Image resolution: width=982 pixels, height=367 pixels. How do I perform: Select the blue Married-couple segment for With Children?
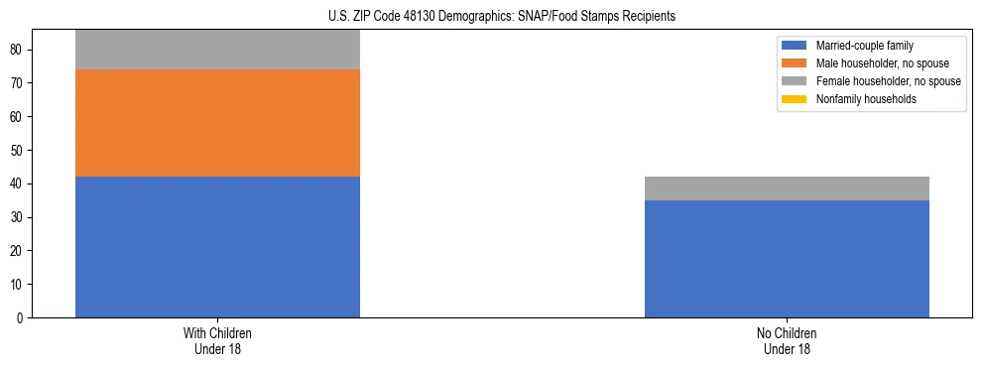[x=217, y=247]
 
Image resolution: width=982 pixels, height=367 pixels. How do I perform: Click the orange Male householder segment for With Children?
[x=217, y=123]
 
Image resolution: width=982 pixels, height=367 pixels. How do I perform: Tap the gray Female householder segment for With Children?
[x=217, y=50]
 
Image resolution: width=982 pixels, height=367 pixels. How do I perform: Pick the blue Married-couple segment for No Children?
[x=787, y=259]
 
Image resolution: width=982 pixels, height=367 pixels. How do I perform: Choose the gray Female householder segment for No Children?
[x=787, y=188]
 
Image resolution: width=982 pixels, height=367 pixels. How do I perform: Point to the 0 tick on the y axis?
[x=21, y=318]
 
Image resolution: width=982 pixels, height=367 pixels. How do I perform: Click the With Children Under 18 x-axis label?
[x=217, y=341]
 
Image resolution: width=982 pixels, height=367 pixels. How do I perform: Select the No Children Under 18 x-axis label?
[x=787, y=341]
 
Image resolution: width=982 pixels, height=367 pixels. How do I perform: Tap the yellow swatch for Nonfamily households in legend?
[x=795, y=99]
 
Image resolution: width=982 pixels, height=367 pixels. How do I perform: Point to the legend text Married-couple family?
[x=865, y=46]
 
